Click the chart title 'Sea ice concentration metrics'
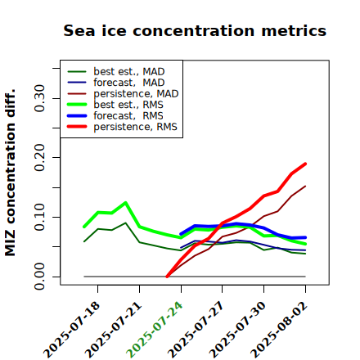195,30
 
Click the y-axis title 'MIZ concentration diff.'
10,173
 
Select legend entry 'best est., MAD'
116,71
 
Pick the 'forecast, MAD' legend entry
116,83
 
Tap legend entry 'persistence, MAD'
123,93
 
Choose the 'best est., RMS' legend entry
115,105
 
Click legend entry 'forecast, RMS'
115,115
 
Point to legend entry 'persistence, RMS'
122,127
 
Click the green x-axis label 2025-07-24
154,330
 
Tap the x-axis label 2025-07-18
71,330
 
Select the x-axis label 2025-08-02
279,330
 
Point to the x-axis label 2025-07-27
196,330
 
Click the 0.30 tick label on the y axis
39,98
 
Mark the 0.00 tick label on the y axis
39,277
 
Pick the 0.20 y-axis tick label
39,158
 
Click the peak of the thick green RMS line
125,203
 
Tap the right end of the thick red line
305,164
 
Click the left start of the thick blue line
181,234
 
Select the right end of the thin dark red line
305,186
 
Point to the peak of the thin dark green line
125,223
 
